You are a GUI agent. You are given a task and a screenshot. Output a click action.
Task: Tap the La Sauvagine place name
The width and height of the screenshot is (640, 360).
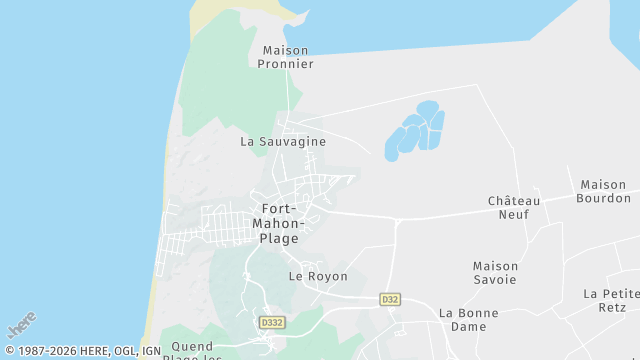283,142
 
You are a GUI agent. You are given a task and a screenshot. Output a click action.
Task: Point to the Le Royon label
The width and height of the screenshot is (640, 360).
318,276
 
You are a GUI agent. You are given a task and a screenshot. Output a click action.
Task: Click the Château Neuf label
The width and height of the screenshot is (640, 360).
514,207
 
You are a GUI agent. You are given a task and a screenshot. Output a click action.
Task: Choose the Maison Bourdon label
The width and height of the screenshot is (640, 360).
603,191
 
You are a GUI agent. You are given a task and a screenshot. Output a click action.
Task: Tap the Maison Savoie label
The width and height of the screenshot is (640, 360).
495,272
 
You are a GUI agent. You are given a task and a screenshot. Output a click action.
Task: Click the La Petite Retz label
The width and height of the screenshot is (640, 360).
611,300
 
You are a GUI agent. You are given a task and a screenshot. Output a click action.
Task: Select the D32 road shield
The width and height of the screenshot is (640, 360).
390,299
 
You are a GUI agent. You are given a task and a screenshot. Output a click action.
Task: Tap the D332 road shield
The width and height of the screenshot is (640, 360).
271,323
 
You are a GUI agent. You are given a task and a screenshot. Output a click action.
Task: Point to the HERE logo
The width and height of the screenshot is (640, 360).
21,326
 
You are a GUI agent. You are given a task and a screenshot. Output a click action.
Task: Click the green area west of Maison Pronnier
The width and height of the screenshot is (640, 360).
220,80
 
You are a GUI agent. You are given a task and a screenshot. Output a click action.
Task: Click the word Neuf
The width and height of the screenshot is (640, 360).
514,214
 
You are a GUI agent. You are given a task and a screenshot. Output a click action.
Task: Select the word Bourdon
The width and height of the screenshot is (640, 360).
603,198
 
